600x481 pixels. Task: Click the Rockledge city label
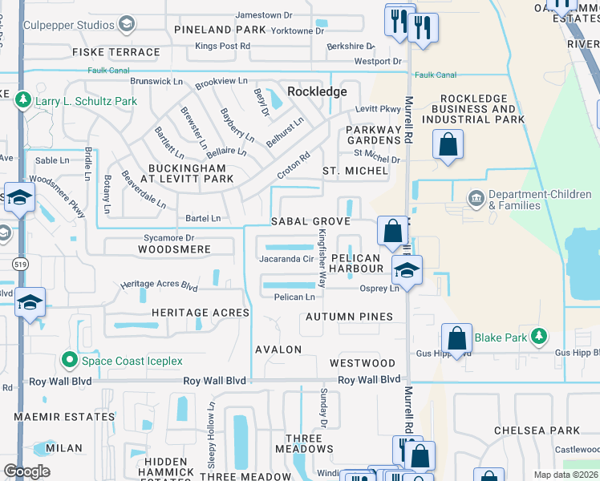click(x=317, y=91)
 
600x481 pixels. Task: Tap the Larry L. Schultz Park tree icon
click(x=23, y=101)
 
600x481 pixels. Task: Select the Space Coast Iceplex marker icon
click(x=69, y=361)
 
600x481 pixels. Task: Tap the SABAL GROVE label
click(x=310, y=221)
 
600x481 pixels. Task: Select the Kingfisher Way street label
click(x=322, y=258)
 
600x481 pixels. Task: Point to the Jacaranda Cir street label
click(x=286, y=259)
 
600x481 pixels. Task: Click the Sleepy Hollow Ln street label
click(x=212, y=434)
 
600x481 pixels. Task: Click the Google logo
click(x=26, y=471)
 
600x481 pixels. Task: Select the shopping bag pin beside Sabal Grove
click(x=392, y=232)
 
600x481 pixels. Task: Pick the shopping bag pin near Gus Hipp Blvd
click(x=456, y=339)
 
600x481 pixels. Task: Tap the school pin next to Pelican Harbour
click(x=407, y=270)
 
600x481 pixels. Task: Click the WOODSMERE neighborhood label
click(x=174, y=249)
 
